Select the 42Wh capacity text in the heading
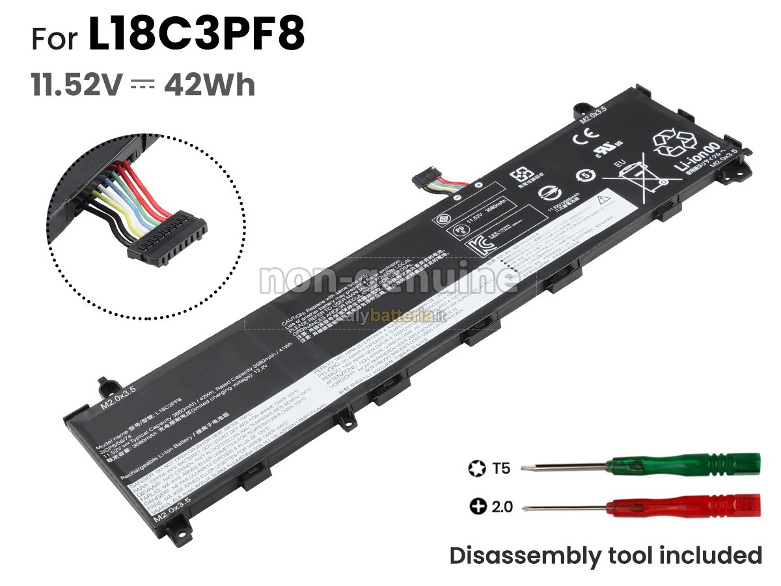(210, 85)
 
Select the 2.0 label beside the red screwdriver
(501, 506)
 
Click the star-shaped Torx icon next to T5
(476, 467)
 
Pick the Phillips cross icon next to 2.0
(477, 506)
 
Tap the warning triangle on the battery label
(603, 196)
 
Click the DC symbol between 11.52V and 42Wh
(141, 85)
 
